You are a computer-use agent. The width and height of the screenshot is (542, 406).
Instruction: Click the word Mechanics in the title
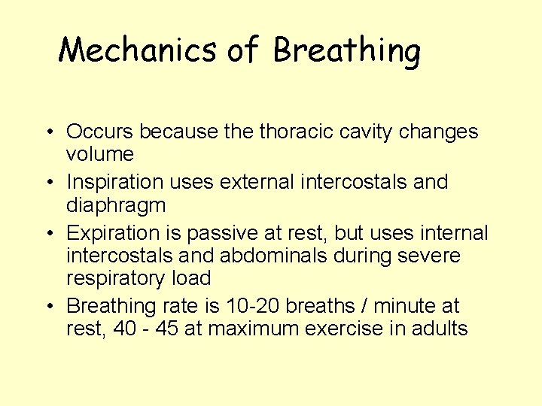tap(137, 50)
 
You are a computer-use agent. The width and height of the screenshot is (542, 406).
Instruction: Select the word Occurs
tap(100, 132)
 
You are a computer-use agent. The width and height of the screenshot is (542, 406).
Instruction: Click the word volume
tap(100, 155)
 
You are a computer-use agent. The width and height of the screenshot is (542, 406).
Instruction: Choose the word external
tap(250, 182)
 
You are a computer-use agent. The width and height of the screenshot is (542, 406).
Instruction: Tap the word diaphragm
tap(116, 205)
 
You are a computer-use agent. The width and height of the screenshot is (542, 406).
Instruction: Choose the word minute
tap(400, 306)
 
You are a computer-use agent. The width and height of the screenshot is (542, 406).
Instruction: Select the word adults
tap(443, 329)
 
